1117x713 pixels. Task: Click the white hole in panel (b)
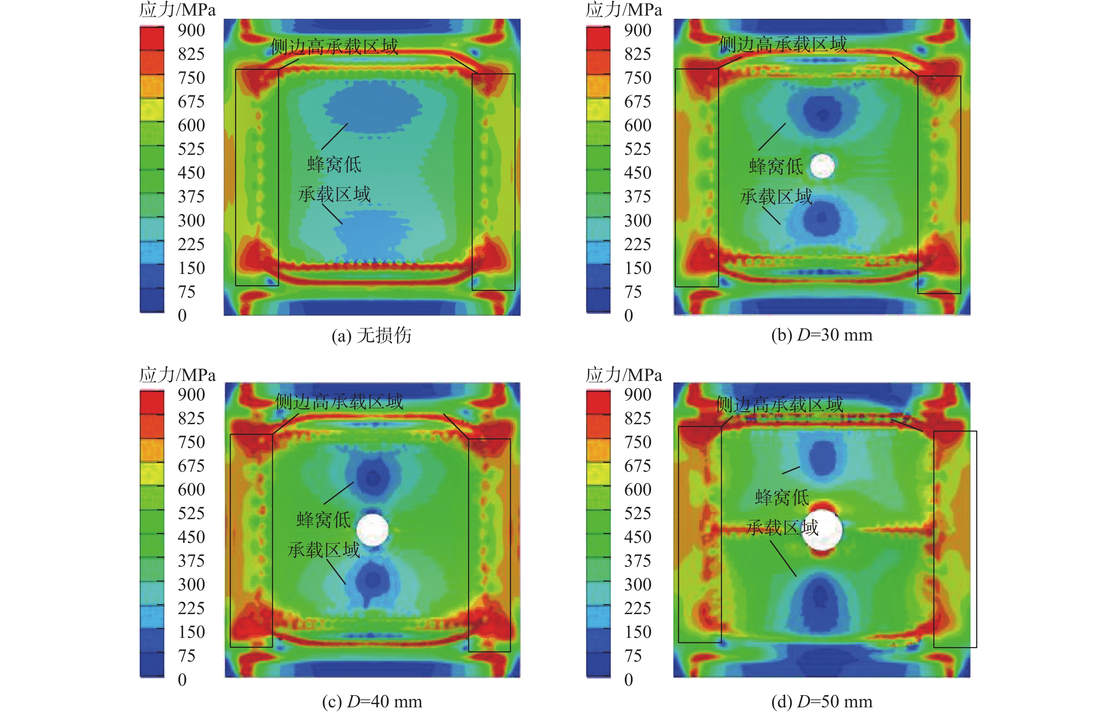pyautogui.click(x=822, y=166)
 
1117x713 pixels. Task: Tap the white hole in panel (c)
pyautogui.click(x=372, y=529)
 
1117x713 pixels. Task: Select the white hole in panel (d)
pyautogui.click(x=822, y=529)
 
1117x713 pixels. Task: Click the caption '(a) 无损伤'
pyautogui.click(x=371, y=335)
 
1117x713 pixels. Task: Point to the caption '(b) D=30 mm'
pyautogui.click(x=822, y=335)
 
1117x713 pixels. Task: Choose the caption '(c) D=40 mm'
pyautogui.click(x=372, y=701)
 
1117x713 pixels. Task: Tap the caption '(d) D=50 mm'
pyautogui.click(x=822, y=701)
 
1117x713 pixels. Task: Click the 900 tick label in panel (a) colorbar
pyautogui.click(x=191, y=30)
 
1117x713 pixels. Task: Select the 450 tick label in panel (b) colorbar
pyautogui.click(x=637, y=173)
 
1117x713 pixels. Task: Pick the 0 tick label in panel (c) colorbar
pyautogui.click(x=182, y=680)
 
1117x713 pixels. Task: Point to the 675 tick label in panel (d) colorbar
pyautogui.click(x=637, y=465)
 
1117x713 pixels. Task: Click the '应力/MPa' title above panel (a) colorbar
pyautogui.click(x=178, y=10)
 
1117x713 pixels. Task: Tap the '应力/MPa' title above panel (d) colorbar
pyautogui.click(x=624, y=375)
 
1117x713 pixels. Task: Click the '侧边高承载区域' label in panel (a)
pyautogui.click(x=334, y=47)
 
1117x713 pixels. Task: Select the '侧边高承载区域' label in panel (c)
pyautogui.click(x=339, y=402)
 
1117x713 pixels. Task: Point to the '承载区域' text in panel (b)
pyautogui.click(x=776, y=197)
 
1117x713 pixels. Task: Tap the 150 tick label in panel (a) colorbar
pyautogui.click(x=191, y=268)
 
